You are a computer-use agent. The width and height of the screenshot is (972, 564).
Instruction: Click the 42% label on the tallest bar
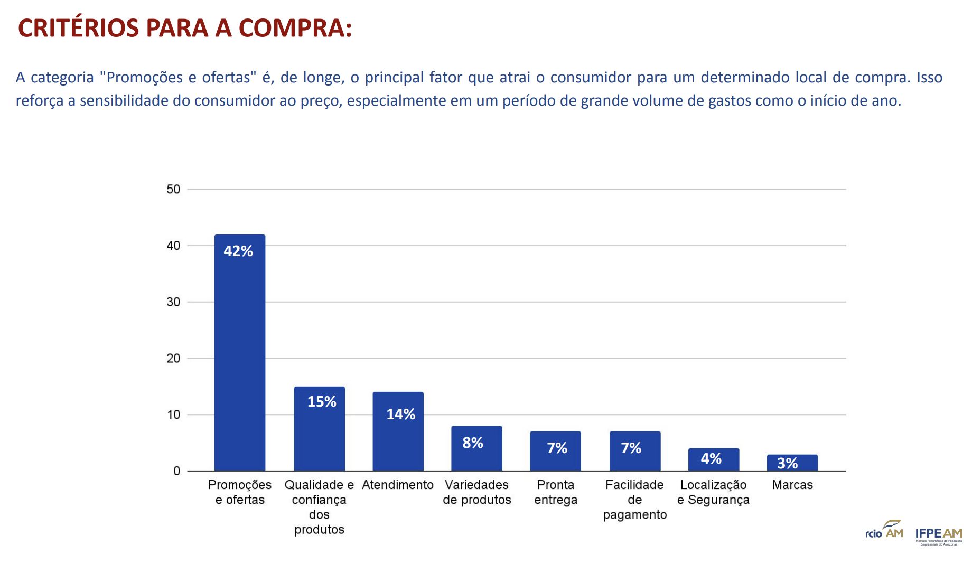pos(238,251)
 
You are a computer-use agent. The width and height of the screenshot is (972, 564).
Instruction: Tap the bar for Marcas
pos(792,463)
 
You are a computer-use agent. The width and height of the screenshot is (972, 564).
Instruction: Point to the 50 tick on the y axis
pos(173,189)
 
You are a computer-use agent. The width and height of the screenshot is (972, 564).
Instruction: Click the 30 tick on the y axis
pos(173,302)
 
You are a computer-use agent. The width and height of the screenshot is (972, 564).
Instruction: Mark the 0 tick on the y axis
pos(176,471)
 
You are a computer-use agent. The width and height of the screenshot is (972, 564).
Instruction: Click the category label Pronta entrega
pos(555,492)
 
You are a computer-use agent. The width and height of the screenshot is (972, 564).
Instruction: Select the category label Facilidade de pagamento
pos(634,500)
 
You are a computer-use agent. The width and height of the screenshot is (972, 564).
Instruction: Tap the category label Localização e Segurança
pos(713,492)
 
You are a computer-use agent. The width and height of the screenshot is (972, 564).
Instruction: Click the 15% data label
pos(322,402)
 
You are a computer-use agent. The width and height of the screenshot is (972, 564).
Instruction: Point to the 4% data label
pos(711,458)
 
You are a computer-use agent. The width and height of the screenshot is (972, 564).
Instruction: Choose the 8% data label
pos(473,443)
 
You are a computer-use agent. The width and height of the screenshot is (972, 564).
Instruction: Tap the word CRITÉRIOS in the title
pos(78,28)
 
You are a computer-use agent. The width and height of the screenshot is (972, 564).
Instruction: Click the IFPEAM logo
pos(938,535)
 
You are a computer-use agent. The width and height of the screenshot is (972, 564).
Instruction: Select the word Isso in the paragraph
pos(929,77)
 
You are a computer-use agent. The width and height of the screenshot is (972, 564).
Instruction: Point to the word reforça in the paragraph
pos(39,100)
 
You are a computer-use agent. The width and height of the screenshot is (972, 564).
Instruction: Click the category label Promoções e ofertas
pos(240,492)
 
